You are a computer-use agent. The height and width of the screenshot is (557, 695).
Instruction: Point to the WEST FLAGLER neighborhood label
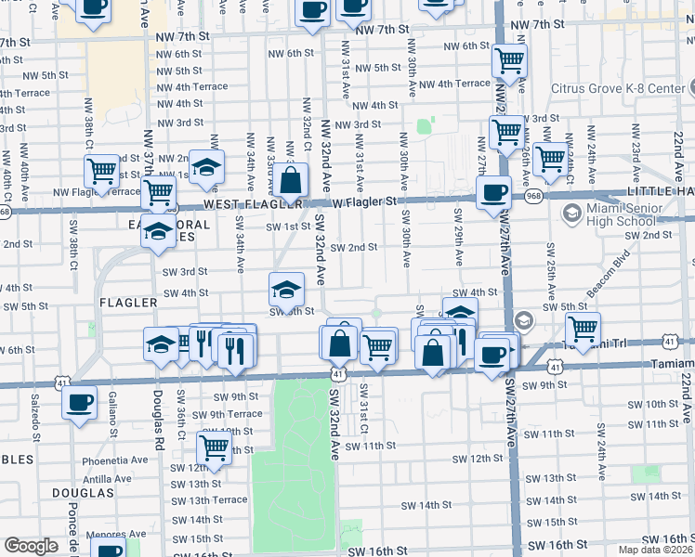242,203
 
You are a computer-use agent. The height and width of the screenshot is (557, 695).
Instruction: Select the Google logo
30,545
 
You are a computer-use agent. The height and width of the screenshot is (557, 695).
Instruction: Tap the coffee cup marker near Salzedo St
79,404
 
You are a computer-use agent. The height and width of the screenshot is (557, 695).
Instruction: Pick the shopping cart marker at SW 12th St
215,447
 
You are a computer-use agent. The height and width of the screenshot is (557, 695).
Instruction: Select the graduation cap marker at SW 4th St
286,289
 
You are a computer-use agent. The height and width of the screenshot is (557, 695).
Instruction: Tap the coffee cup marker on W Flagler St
493,193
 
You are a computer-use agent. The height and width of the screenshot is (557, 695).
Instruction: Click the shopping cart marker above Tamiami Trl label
583,328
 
